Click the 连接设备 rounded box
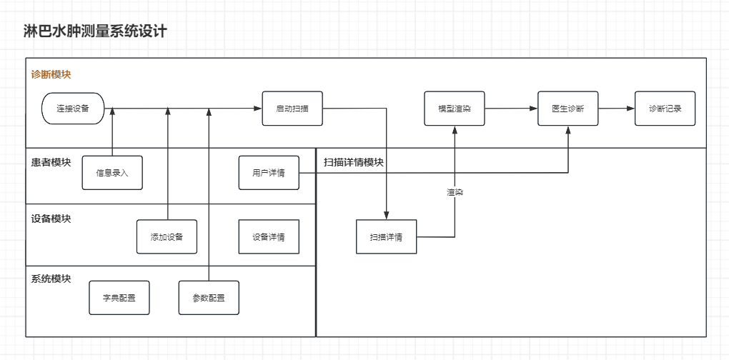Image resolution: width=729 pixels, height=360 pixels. (72, 109)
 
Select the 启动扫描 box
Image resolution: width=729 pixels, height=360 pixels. (292, 109)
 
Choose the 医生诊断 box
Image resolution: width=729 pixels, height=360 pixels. (568, 109)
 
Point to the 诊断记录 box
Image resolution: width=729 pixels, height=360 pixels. (665, 109)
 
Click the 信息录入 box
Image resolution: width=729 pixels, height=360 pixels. (112, 173)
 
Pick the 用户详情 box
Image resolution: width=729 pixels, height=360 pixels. (269, 173)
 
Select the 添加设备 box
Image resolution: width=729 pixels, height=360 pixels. (167, 236)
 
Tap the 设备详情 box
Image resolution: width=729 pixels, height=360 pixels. (269, 236)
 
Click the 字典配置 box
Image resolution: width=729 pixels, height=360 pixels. (119, 298)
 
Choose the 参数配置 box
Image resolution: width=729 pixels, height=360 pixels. (209, 298)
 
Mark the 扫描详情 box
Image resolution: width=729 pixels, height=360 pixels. (386, 236)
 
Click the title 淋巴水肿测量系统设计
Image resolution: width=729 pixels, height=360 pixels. (95, 31)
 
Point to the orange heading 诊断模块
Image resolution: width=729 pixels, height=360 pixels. (51, 74)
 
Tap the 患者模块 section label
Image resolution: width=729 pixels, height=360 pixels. (51, 161)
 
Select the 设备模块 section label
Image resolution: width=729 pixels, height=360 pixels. (51, 219)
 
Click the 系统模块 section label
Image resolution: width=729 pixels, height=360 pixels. (51, 279)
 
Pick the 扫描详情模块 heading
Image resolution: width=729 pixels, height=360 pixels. (354, 162)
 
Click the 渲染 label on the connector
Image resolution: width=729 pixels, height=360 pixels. (455, 192)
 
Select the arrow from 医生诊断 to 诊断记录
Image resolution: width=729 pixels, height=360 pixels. (617, 109)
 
